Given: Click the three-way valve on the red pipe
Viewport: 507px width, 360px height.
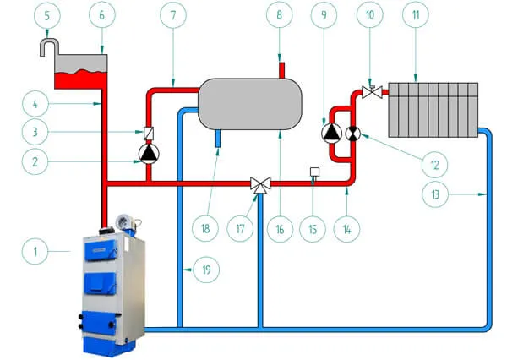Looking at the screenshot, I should pos(258,183).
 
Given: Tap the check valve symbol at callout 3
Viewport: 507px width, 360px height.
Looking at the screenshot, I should pos(149,133).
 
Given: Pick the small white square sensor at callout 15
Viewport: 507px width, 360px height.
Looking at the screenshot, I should pos(314,172).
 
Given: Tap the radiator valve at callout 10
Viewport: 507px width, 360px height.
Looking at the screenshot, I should pos(369,90).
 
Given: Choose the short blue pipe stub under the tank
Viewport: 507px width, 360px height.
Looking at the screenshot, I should pos(217,137).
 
